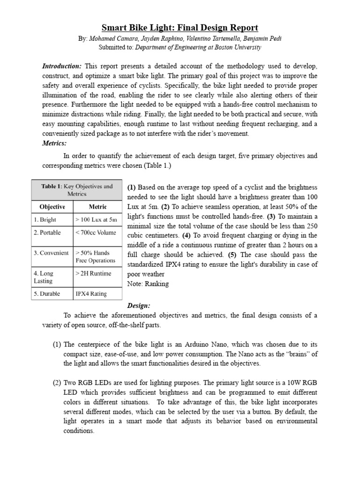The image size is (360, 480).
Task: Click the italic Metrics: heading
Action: pyautogui.click(x=54, y=143)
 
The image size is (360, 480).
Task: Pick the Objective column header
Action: pyautogui.click(x=52, y=207)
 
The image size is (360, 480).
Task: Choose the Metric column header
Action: pyautogui.click(x=97, y=207)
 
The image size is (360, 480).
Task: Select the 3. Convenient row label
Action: pyautogui.click(x=51, y=253)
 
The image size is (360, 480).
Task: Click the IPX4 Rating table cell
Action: pyautogui.click(x=91, y=294)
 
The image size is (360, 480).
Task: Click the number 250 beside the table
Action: pyautogui.click(x=310, y=226)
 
